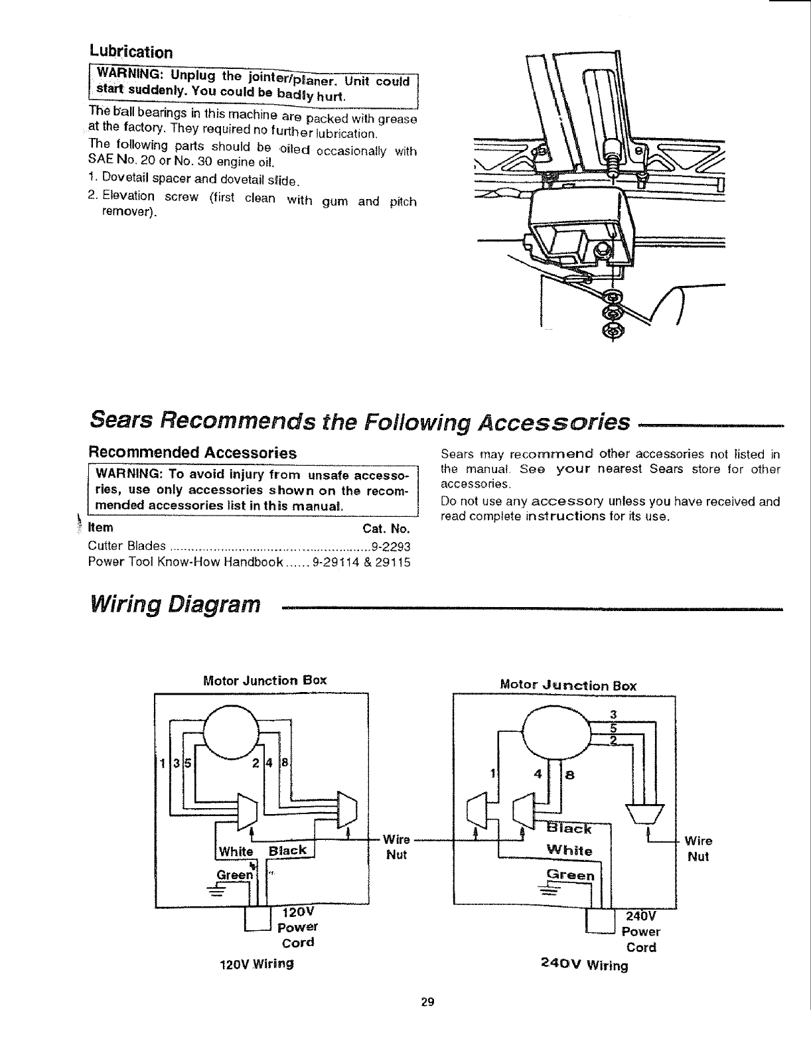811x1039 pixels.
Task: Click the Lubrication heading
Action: click(x=131, y=52)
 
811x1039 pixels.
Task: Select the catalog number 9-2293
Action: click(x=391, y=547)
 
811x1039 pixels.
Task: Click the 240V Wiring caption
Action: click(x=584, y=965)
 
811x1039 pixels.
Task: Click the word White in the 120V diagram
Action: click(x=236, y=852)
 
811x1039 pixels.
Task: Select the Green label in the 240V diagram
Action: click(x=570, y=874)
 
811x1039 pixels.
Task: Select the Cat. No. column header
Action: click(x=386, y=529)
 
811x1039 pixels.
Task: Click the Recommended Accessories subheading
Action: click(x=192, y=452)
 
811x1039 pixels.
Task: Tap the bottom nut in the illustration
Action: click(x=611, y=330)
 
